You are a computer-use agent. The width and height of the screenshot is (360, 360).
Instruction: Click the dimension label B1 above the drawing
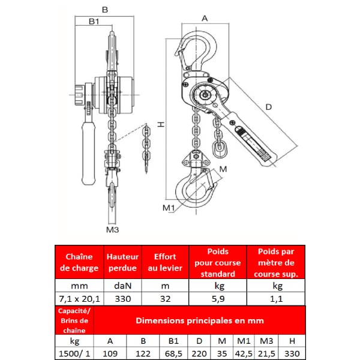point(94,22)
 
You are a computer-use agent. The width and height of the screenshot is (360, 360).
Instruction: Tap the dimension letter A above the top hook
point(205,19)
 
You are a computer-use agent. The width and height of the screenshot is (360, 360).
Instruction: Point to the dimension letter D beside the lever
point(268,107)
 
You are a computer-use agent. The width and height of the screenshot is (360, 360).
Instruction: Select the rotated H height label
point(161,124)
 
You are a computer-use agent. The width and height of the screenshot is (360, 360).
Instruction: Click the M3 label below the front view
point(113,230)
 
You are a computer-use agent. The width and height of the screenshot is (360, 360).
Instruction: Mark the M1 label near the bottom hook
point(169,208)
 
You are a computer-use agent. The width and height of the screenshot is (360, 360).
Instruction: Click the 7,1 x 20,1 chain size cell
point(79,299)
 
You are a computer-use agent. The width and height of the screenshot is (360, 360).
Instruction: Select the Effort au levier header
point(165,262)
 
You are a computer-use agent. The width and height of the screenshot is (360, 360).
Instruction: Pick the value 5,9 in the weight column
point(218,299)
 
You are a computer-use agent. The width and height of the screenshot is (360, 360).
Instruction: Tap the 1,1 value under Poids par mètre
point(276,299)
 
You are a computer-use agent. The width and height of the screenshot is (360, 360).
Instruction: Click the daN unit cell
point(123,286)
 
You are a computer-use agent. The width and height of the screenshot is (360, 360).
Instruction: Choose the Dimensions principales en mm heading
point(200,320)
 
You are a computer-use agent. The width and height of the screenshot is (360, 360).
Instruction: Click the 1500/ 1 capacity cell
point(74,353)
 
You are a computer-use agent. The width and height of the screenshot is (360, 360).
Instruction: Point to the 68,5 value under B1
point(173,353)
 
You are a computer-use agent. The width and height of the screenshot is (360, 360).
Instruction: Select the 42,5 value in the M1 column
point(244,353)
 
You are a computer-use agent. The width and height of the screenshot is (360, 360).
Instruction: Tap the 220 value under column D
point(199,353)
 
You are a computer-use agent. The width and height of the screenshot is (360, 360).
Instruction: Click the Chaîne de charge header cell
point(79,262)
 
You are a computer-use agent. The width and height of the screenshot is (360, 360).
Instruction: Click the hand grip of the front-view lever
point(88,154)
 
